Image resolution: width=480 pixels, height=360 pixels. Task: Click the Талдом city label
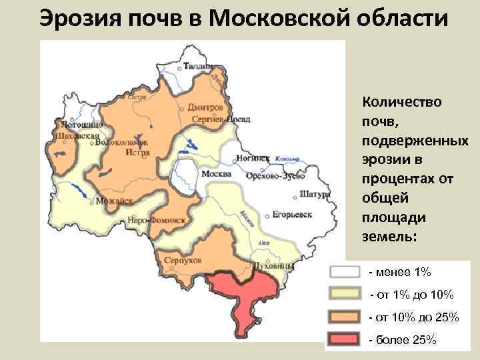pyautogui.click(x=198, y=67)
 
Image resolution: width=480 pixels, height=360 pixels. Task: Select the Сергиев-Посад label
pyautogui.click(x=220, y=119)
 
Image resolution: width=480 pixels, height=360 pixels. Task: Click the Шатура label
pyautogui.click(x=315, y=195)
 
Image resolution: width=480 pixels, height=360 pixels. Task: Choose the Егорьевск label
pyautogui.click(x=292, y=215)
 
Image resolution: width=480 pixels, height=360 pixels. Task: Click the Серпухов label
pyautogui.click(x=181, y=260)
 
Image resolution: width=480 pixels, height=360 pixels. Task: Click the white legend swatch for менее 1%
pyautogui.click(x=345, y=272)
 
